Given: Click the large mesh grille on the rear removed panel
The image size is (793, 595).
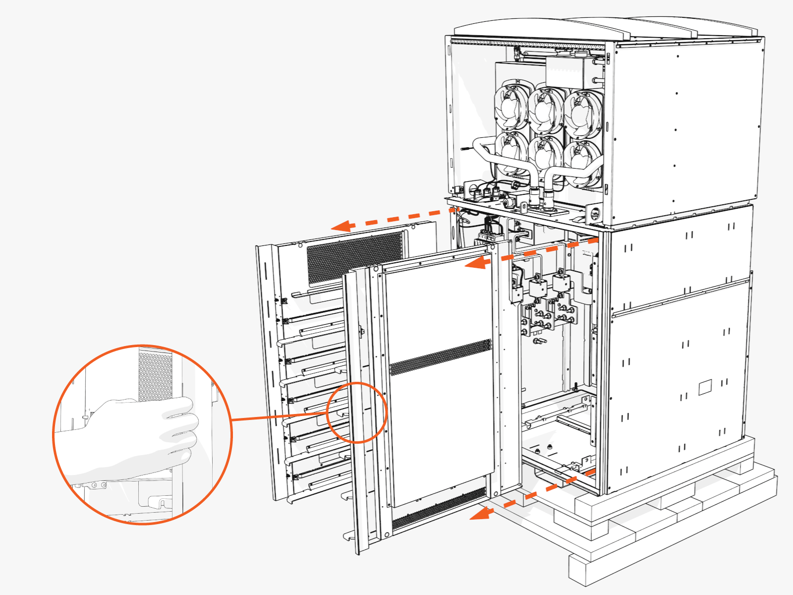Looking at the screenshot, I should (x=354, y=258).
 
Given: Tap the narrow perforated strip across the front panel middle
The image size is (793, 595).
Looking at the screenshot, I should (x=440, y=357).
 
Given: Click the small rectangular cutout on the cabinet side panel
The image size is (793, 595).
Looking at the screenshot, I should (x=705, y=387).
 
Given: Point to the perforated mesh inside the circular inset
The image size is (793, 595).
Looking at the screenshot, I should (x=155, y=374).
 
